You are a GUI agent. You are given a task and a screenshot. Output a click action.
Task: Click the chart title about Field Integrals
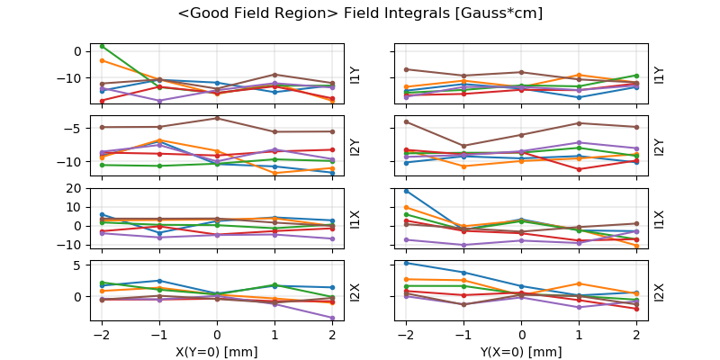point(360,13)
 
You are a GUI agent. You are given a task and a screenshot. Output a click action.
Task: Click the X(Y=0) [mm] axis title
point(218,352)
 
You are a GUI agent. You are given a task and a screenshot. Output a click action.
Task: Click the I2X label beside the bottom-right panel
point(659,292)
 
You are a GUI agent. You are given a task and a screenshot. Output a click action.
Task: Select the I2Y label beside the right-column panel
point(659,147)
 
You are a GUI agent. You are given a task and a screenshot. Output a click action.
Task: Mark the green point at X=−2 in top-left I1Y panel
point(103,46)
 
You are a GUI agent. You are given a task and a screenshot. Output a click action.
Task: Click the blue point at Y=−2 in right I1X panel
point(407,191)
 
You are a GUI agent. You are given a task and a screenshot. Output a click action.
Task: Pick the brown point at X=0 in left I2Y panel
point(218,118)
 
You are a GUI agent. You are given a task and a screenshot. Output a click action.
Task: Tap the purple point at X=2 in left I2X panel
point(333,318)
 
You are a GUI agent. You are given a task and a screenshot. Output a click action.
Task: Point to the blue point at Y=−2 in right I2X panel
point(407,263)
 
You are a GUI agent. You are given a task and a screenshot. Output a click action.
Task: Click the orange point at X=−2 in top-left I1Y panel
point(103,60)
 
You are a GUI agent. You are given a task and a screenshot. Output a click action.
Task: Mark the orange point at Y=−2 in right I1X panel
point(407,207)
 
